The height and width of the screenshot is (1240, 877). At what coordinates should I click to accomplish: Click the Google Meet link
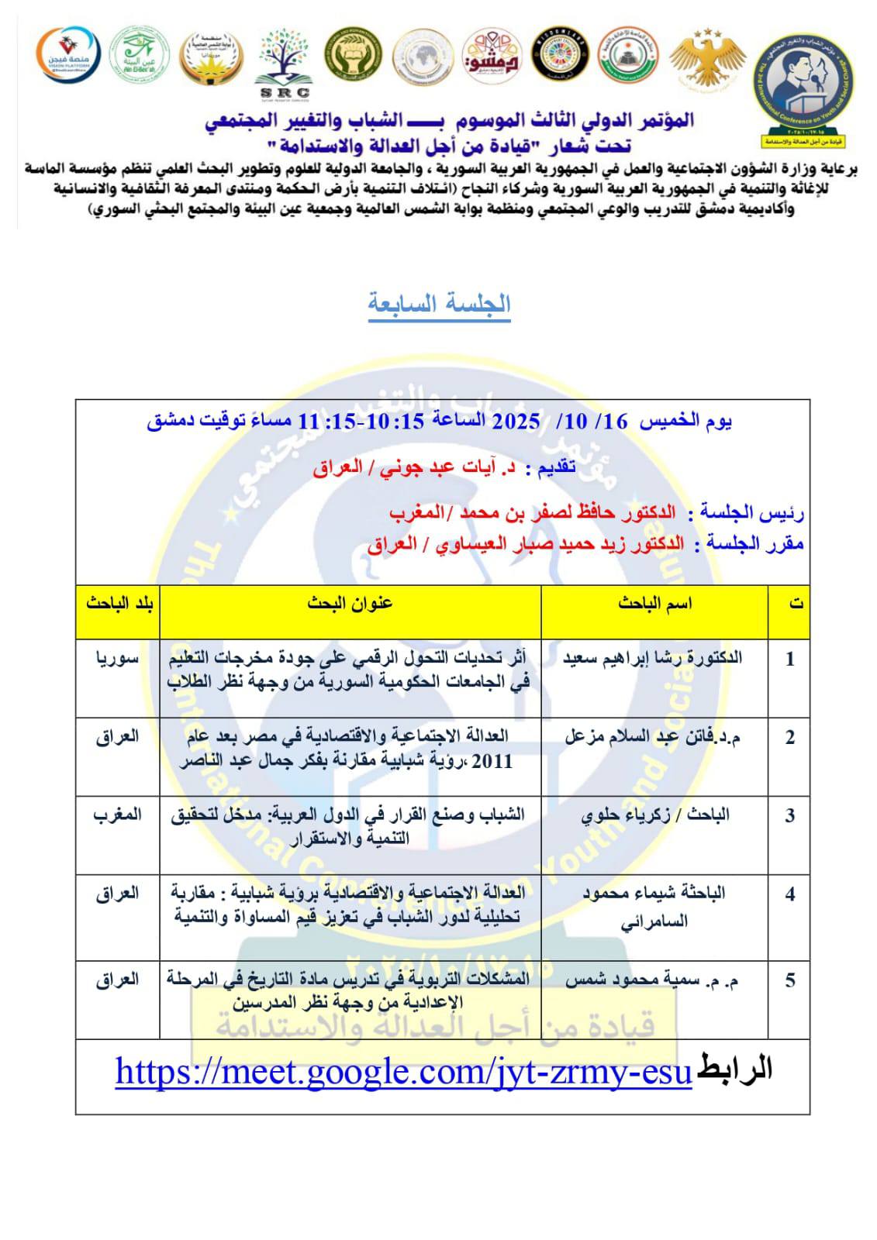tap(402, 1072)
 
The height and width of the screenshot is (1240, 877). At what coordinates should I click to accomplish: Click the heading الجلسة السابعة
tap(439, 303)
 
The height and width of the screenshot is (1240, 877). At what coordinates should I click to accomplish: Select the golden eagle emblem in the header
tap(707, 57)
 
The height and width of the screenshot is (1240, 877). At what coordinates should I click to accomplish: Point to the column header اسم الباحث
tap(654, 604)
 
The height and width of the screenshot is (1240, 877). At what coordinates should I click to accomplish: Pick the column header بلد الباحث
tap(118, 604)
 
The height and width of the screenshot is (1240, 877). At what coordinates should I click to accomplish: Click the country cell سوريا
tap(118, 658)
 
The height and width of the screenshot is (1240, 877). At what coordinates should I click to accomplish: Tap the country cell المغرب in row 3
tap(118, 815)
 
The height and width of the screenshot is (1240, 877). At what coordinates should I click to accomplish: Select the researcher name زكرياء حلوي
tap(655, 815)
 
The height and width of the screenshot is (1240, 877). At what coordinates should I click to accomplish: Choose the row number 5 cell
tap(789, 980)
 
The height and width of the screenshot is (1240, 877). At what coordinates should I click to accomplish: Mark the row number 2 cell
tap(789, 737)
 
